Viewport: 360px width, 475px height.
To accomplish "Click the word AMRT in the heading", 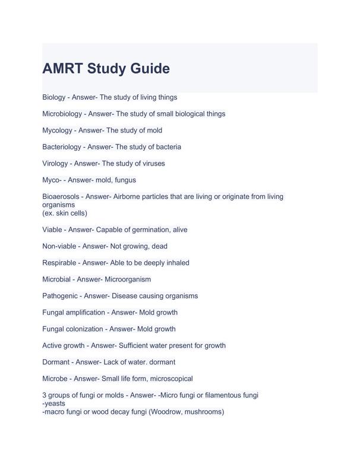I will click(62, 69).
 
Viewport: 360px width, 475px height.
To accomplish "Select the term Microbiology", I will click(62, 113).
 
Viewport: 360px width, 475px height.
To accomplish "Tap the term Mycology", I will click(57, 130).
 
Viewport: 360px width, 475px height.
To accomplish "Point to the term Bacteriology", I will click(62, 147).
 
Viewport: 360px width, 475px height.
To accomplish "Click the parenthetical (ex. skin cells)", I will click(67, 213).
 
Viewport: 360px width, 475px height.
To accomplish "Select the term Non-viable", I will click(59, 246).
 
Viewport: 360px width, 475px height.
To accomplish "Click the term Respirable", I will click(61, 262).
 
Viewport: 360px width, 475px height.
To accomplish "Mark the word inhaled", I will click(176, 262).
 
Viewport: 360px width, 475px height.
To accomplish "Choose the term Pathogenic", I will click(61, 296).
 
